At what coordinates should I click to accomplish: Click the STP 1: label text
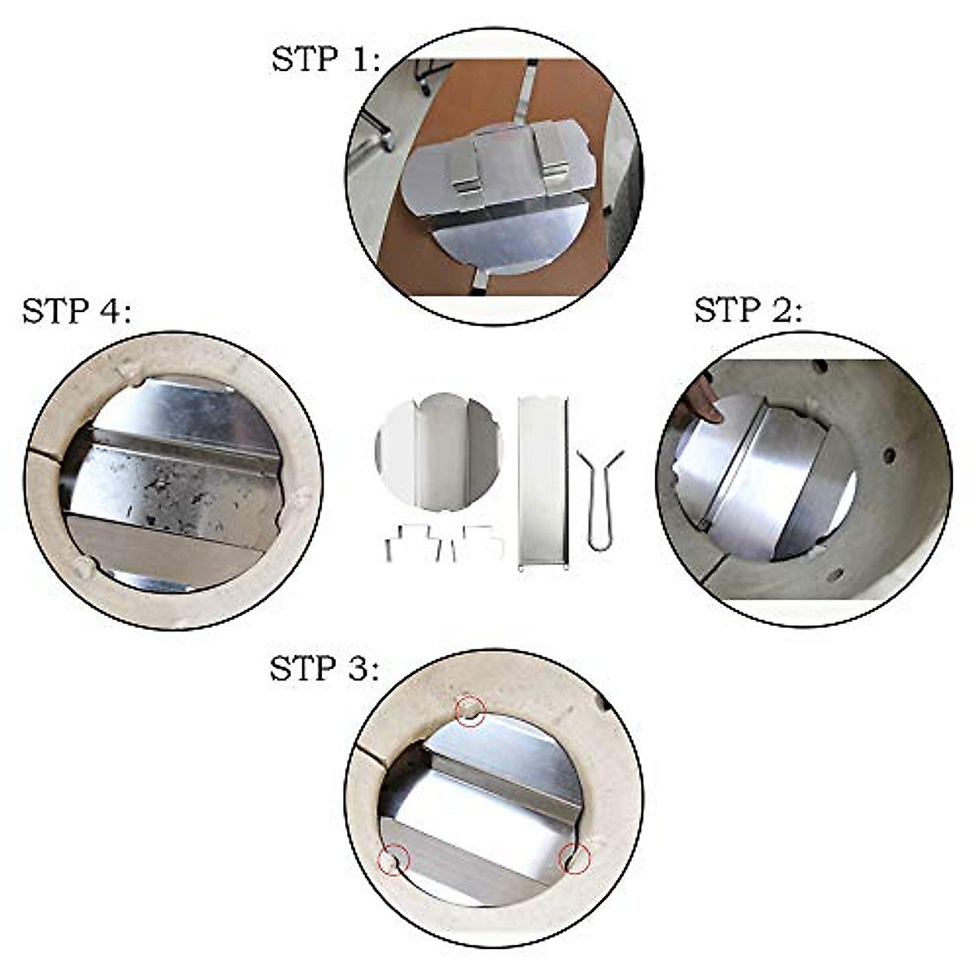(326, 60)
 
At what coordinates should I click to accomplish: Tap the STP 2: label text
(748, 310)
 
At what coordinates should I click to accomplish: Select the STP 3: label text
(324, 669)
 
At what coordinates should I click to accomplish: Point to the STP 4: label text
(76, 311)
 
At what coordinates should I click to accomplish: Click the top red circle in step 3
(470, 710)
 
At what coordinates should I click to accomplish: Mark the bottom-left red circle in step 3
(394, 859)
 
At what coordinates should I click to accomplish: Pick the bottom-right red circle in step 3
(574, 858)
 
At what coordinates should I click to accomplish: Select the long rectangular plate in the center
(542, 482)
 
